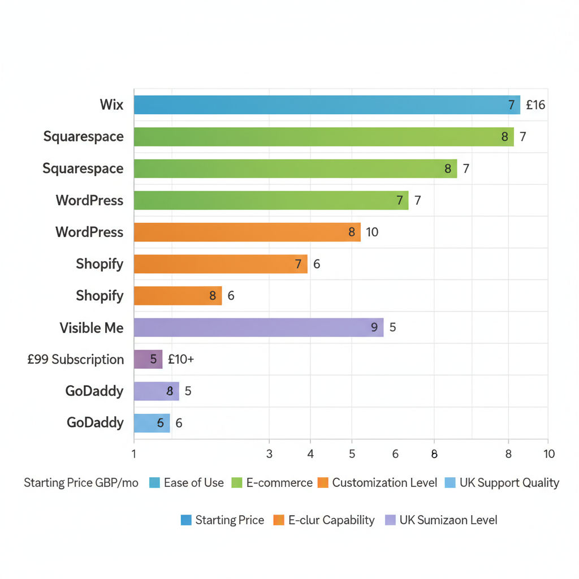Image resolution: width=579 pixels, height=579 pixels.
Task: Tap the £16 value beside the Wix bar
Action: click(535, 105)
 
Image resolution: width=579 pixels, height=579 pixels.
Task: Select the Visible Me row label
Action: click(92, 328)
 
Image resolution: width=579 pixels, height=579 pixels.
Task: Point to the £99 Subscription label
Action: click(75, 360)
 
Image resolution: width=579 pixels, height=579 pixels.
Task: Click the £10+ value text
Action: click(181, 360)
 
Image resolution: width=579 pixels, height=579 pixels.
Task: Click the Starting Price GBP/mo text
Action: click(81, 483)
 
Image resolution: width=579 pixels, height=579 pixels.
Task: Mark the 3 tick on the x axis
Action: click(269, 453)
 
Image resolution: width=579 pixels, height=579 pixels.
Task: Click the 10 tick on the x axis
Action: click(548, 453)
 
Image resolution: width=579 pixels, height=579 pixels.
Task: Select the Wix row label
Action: click(111, 105)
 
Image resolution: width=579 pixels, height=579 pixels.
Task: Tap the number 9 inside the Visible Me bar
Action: click(374, 327)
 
